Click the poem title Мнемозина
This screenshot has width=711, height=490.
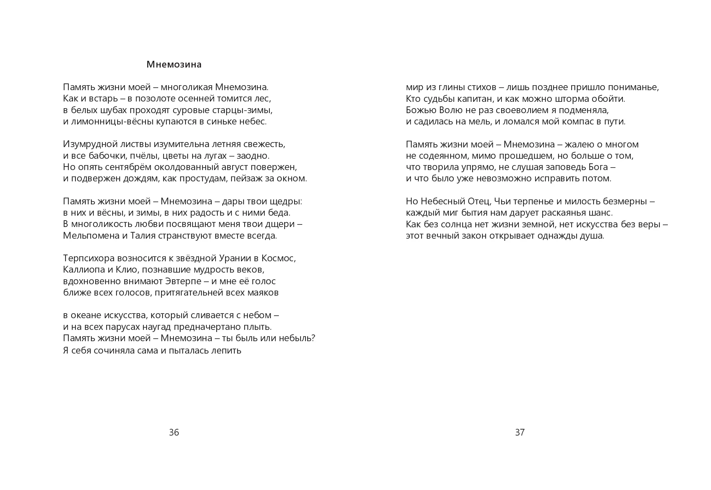pyautogui.click(x=174, y=65)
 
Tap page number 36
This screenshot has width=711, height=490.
pyautogui.click(x=174, y=432)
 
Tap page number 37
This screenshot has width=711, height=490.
pyautogui.click(x=520, y=432)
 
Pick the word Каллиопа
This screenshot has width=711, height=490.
pyautogui.click(x=84, y=270)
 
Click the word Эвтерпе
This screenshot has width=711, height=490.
pyautogui.click(x=183, y=281)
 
